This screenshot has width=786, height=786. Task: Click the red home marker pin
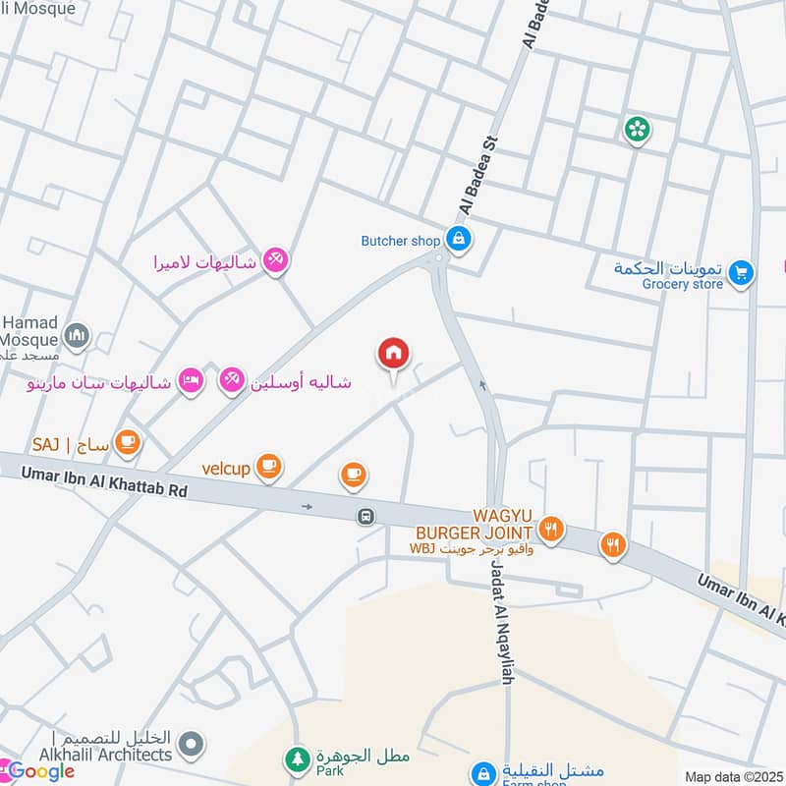(394, 354)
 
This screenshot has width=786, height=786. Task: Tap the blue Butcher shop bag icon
(457, 238)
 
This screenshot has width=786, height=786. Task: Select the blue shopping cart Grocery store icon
(741, 271)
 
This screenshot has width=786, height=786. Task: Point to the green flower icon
(638, 129)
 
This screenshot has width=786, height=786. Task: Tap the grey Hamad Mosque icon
(76, 336)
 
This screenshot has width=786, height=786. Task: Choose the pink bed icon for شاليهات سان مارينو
(191, 381)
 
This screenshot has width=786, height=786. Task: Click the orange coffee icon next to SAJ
(126, 443)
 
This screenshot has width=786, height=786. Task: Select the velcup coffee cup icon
(268, 467)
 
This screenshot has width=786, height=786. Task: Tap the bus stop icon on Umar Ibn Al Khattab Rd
(365, 516)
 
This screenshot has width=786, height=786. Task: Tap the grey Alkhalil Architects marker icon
(195, 744)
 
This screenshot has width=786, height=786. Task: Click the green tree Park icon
(296, 758)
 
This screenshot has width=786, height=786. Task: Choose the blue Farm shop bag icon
(482, 773)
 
